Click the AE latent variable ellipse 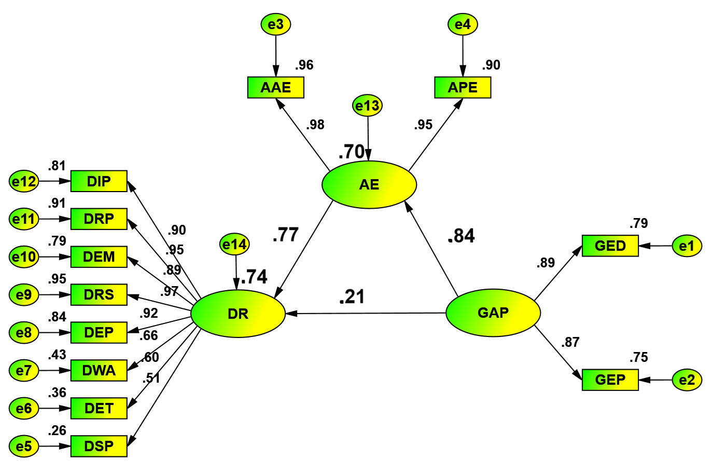point(369,185)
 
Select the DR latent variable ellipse point(238,314)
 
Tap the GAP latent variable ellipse point(493,313)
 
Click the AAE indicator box point(276,87)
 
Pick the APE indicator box point(463,87)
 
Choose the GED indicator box point(610,246)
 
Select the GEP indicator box point(610,380)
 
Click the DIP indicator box point(99,181)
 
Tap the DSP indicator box point(99,446)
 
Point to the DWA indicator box point(99,370)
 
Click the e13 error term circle point(368,106)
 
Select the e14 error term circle point(235,244)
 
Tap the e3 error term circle point(276,24)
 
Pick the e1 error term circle point(687,246)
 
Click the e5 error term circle point(24,446)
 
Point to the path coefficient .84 point(461,236)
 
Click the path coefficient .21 point(352,297)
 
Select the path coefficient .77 point(286,235)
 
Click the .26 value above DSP point(57,430)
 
